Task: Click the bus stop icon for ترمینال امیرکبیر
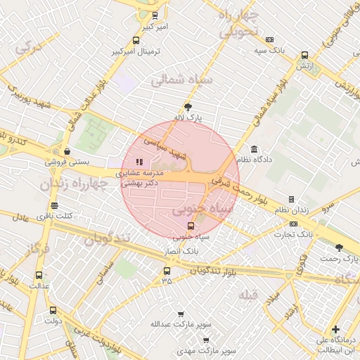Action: [136, 40]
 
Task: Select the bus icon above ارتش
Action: [304, 55]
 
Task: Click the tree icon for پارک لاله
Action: [187, 107]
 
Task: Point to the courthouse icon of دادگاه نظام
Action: [254, 149]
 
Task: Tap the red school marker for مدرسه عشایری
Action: [139, 162]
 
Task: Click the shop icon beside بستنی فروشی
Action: [67, 151]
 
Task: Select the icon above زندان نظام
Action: [291, 199]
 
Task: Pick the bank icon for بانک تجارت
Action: [293, 224]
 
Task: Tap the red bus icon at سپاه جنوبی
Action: [191, 226]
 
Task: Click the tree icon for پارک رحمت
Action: [340, 247]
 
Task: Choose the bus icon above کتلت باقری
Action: [59, 204]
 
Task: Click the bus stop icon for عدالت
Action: [38, 276]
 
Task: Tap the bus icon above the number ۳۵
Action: [167, 271]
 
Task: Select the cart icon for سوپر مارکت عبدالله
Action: [181, 314]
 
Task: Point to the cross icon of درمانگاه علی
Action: [335, 329]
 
